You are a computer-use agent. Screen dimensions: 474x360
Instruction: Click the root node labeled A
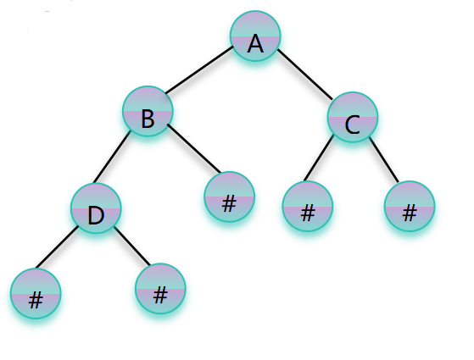255,36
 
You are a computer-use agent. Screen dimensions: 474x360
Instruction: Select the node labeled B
148,111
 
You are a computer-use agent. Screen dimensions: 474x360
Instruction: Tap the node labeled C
353,117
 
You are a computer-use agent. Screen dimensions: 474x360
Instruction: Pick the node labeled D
96,208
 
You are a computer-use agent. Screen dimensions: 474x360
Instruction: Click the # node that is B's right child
230,197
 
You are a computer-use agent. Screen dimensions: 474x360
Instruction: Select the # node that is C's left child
308,207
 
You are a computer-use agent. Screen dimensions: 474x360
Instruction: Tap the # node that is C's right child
410,207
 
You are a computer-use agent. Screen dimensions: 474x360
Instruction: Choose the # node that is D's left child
36,294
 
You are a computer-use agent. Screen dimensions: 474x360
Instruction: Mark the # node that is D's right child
160,289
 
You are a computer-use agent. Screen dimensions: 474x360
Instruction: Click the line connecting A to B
199,69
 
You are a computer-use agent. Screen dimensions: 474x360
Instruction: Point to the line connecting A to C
304,74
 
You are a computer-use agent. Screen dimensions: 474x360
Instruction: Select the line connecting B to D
112,157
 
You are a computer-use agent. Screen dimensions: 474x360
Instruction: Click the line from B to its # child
194,148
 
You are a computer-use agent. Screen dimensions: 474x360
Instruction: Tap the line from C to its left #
319,158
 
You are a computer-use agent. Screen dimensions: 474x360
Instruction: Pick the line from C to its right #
383,159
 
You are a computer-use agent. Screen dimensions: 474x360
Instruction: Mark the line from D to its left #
57,247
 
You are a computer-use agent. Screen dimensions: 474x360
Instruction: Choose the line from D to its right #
131,246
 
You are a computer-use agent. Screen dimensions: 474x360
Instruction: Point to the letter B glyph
148,119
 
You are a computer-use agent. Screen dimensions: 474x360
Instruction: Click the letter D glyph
96,215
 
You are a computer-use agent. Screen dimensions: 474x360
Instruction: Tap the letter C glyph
352,125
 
